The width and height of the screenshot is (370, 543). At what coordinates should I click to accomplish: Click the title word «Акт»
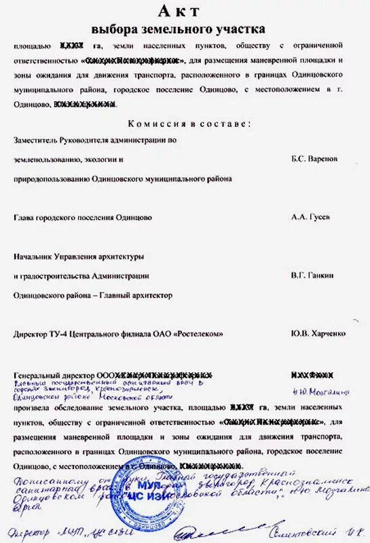click(x=179, y=10)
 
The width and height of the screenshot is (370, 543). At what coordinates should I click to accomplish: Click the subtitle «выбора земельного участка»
click(x=179, y=29)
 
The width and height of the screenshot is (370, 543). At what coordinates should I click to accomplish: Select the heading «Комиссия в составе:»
click(x=189, y=124)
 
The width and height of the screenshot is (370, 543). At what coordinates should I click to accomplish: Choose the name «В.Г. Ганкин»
click(x=313, y=276)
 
